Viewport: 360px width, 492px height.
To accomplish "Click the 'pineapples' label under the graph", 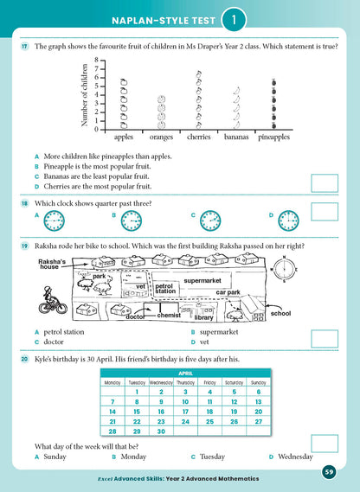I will point(273,136).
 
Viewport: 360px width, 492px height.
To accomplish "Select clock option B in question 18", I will point(132,221).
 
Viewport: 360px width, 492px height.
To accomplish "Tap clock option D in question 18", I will point(288,221).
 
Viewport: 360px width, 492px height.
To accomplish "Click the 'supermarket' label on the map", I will point(204,280).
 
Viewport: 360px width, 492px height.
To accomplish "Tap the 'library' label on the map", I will point(204,316).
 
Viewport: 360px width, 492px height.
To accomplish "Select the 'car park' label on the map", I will point(252,292).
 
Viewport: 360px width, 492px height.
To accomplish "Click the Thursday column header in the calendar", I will point(185,381).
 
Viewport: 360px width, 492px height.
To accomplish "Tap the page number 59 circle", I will point(330,471).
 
